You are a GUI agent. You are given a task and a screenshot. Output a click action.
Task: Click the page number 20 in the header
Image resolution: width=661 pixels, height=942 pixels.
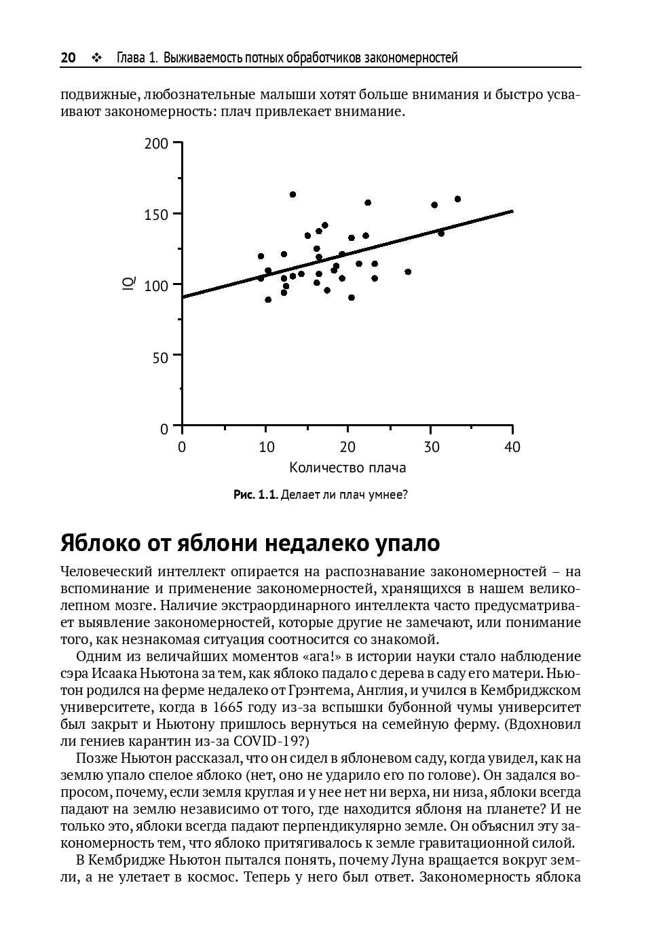click(68, 58)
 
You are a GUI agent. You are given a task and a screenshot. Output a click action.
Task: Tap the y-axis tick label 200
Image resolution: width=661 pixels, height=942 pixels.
click(155, 144)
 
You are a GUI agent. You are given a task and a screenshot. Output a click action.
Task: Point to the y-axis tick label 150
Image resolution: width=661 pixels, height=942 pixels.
click(155, 214)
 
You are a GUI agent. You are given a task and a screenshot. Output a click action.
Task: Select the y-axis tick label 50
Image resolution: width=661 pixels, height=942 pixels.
click(159, 357)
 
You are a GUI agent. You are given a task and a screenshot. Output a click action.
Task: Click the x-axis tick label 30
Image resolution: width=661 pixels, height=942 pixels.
click(432, 447)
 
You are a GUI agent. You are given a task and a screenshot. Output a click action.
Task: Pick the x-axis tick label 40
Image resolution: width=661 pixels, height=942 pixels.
click(512, 447)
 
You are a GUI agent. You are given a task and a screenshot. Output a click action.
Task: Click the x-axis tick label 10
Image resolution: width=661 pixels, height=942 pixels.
click(267, 447)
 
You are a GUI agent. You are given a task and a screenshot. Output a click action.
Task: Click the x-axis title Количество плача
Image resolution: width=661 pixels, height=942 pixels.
click(347, 468)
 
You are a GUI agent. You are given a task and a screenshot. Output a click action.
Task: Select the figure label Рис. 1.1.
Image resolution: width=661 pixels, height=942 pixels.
click(255, 495)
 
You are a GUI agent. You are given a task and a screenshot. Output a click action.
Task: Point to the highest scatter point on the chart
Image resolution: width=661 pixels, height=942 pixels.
click(292, 195)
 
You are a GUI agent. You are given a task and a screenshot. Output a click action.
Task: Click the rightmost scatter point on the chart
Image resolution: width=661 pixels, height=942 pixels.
click(457, 199)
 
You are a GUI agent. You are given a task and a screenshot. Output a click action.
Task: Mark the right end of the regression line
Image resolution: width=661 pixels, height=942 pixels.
click(512, 211)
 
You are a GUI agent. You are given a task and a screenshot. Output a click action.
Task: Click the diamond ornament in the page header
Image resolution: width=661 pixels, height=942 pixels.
click(96, 58)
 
